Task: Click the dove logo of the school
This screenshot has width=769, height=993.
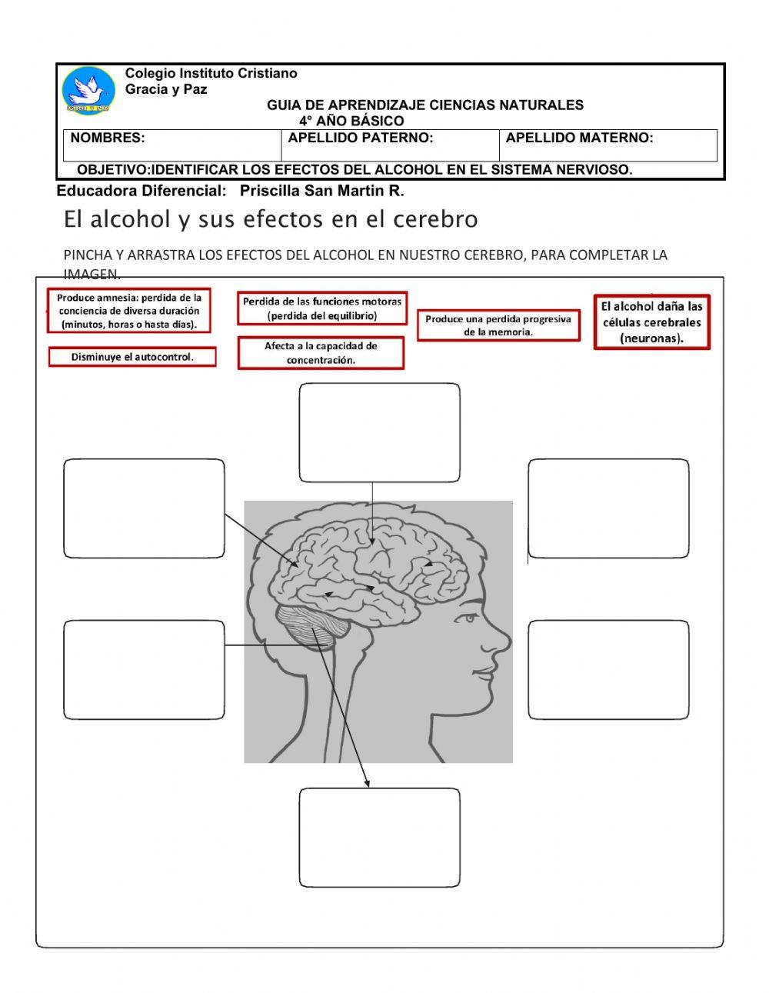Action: [89, 92]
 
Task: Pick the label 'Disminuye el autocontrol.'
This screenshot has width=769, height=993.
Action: [132, 357]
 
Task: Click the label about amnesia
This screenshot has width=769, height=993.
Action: [129, 311]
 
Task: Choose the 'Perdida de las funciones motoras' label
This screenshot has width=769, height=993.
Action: [322, 308]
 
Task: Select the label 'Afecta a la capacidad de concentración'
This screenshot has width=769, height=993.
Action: [321, 353]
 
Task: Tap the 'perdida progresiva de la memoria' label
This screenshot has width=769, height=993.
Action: [498, 325]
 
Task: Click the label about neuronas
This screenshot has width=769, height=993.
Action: [651, 322]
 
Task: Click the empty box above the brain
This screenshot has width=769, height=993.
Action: [379, 432]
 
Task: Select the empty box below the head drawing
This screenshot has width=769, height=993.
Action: [379, 837]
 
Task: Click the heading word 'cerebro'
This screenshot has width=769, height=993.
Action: [435, 219]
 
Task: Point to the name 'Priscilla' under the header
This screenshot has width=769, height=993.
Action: [270, 191]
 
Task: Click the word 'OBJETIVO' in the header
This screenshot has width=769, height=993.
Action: [112, 170]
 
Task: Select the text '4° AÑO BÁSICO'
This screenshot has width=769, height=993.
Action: [351, 122]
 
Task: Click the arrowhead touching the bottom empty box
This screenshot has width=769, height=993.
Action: [368, 783]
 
